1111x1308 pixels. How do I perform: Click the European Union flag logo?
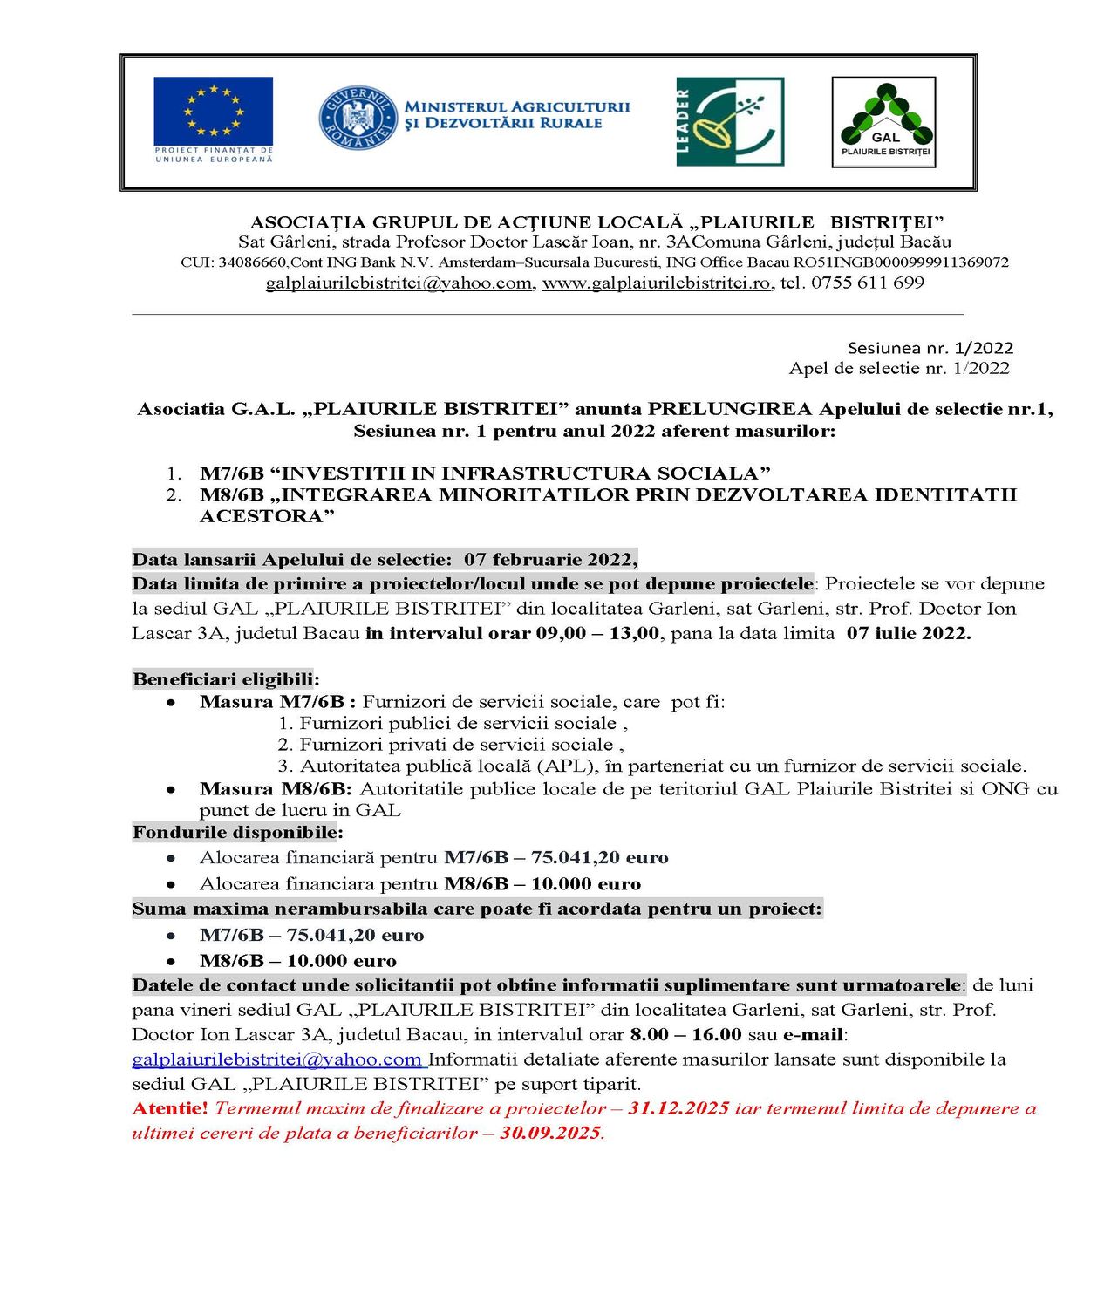[x=213, y=119]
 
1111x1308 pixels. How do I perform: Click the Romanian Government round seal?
[x=357, y=119]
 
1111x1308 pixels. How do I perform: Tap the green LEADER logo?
[x=729, y=121]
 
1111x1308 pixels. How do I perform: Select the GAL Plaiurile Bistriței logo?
[x=883, y=122]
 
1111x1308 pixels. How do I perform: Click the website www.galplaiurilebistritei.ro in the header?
[x=656, y=283]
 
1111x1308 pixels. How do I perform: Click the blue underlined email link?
[x=276, y=1059]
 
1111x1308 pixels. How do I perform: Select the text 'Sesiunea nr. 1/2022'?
[x=930, y=348]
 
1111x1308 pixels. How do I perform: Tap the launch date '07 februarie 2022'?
[x=549, y=560]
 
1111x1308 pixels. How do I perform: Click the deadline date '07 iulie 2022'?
[x=908, y=633]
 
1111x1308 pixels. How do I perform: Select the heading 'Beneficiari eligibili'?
[x=225, y=679]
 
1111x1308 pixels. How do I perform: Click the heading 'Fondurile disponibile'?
[x=237, y=833]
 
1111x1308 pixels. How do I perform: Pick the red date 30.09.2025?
[x=550, y=1133]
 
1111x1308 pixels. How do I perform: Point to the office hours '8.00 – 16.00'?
[x=685, y=1035]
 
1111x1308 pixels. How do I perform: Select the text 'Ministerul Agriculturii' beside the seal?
[x=516, y=106]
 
